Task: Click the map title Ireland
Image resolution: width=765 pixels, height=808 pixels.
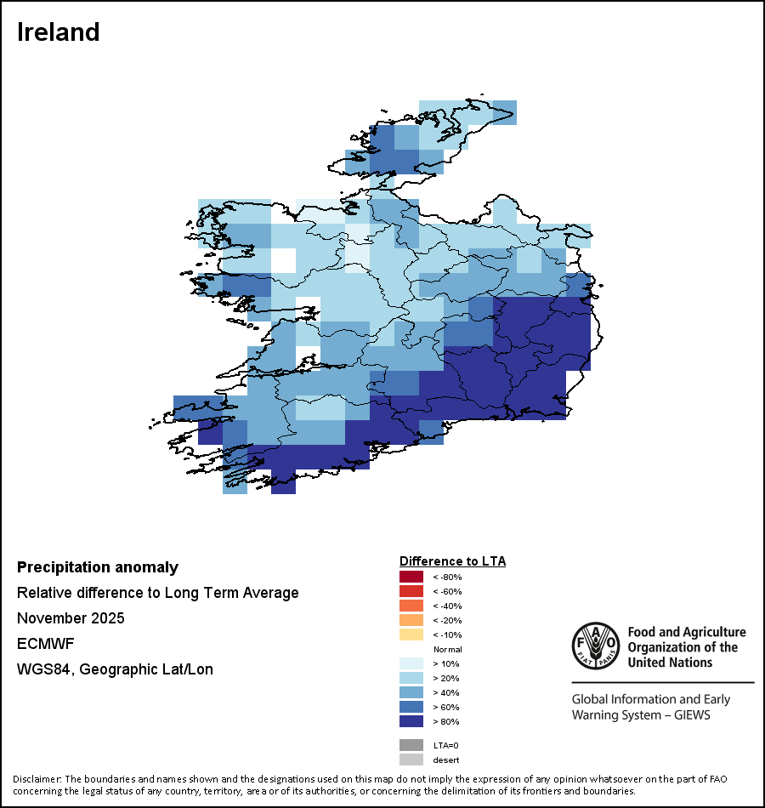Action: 59,32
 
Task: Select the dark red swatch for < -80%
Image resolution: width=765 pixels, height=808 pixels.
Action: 411,578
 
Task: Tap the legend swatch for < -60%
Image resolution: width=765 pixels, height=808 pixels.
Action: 411,592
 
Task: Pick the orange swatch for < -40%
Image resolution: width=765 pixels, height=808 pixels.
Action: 411,606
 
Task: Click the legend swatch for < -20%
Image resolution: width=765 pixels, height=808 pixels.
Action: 411,621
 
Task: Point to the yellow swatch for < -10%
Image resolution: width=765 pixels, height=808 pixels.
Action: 411,635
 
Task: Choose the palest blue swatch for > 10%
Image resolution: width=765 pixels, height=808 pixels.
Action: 411,664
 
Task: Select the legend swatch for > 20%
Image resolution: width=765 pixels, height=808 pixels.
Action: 411,679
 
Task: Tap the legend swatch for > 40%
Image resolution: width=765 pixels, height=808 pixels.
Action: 411,693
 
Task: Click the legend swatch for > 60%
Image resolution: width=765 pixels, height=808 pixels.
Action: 411,708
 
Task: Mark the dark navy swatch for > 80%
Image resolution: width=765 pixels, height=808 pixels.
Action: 411,722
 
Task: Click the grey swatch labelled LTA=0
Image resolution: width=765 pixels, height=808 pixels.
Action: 411,745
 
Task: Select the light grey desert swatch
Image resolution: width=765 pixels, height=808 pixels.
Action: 411,760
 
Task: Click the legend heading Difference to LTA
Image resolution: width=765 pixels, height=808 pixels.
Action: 452,561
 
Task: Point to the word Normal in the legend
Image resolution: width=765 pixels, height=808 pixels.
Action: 447,650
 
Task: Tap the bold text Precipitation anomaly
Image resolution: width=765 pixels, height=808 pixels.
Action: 98,567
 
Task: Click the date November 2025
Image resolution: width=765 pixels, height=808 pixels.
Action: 71,618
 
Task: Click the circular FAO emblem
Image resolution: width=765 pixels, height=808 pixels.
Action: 594,646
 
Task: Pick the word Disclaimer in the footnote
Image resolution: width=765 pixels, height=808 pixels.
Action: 37,779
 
